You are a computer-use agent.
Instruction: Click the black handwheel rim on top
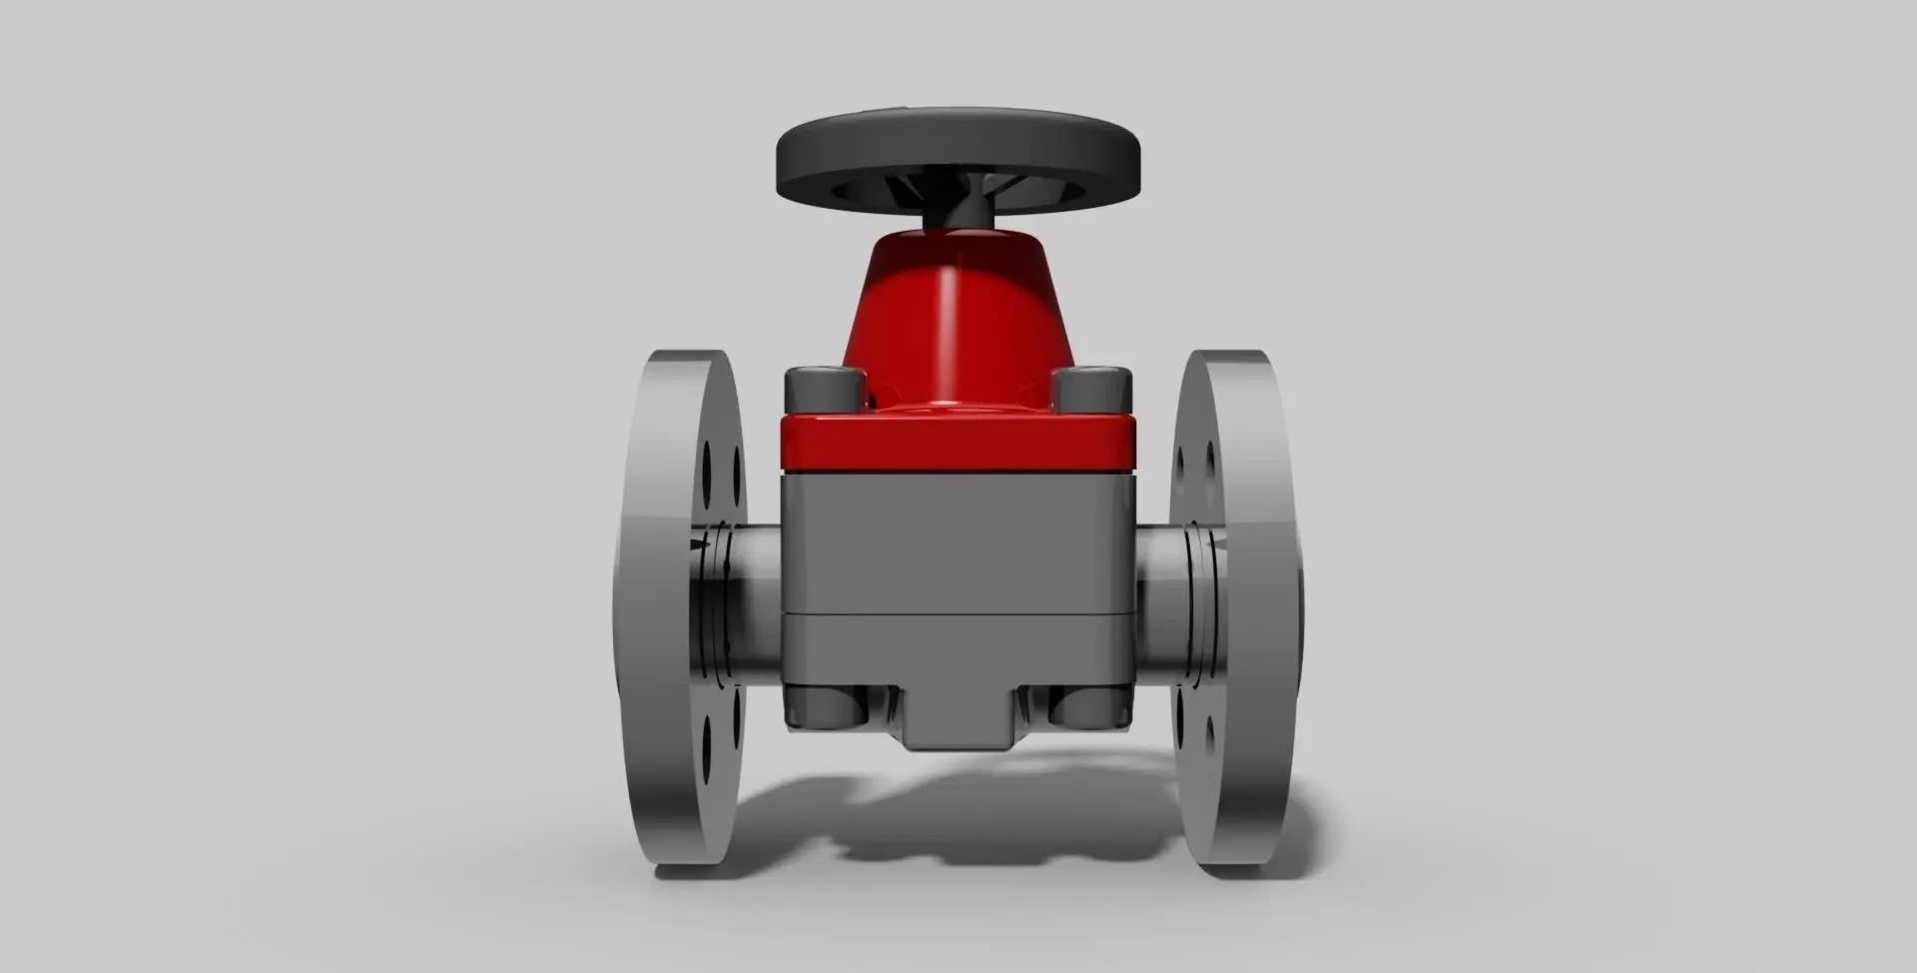[x=958, y=150]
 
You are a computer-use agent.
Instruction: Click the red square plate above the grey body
[x=958, y=444]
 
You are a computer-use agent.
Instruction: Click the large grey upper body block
[x=958, y=539]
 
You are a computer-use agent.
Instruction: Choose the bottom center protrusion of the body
[x=958, y=724]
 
